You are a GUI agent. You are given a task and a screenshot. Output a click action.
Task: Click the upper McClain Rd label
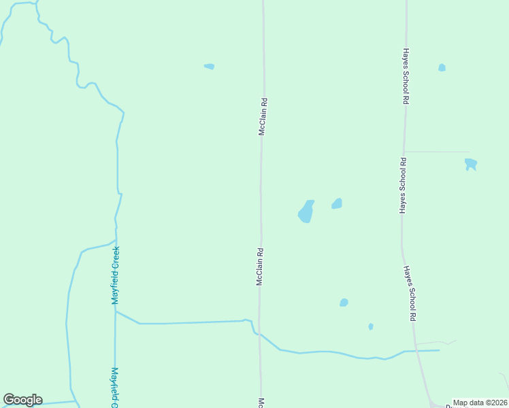point(262,117)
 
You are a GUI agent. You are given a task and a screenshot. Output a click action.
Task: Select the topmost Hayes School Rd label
point(405,75)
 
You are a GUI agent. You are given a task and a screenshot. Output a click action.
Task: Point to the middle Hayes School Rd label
point(403,186)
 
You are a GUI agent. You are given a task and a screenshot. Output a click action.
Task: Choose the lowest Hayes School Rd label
point(410,293)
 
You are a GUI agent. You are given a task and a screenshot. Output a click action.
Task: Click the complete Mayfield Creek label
point(116,275)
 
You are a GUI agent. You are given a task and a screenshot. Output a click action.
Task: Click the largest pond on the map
point(306,211)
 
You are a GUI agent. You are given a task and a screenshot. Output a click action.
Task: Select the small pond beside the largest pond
point(337,203)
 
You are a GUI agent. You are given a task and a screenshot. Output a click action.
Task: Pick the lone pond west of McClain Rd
point(209,66)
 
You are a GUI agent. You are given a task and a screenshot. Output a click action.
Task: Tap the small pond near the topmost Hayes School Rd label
point(442,67)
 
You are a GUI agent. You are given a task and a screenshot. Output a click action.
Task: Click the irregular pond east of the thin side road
point(470,164)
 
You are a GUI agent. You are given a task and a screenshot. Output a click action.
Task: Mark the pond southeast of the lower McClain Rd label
point(344,303)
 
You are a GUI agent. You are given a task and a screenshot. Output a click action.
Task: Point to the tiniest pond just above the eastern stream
point(371,326)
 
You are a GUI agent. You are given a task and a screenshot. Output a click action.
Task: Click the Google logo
point(22,400)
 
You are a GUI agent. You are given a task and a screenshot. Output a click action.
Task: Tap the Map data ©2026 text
point(480,403)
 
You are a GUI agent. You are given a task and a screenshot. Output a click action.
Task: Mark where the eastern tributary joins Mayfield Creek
point(116,312)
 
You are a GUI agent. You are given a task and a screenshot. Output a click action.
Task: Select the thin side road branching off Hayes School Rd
point(437,152)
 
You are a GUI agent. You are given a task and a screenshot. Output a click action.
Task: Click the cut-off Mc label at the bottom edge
point(260,403)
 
